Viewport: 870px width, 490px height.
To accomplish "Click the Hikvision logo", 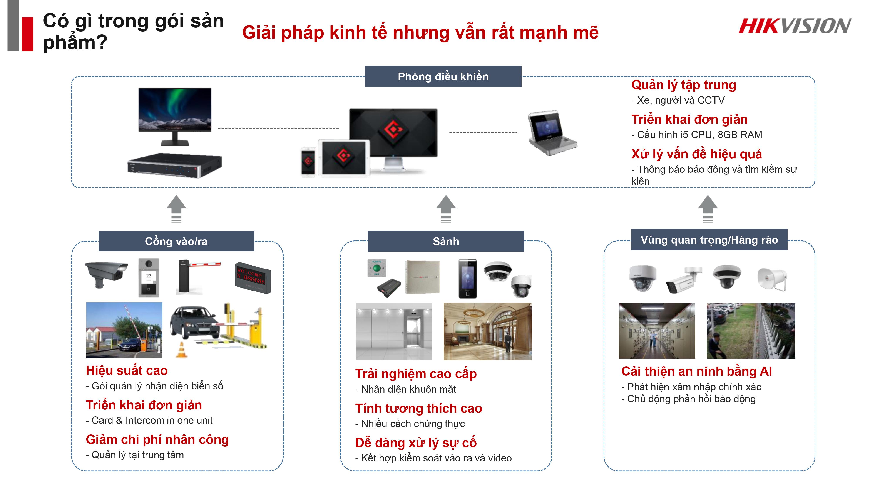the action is (794, 26).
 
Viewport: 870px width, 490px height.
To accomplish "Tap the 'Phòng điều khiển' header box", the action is (443, 76).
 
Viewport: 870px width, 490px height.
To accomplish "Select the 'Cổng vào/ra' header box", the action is (176, 241).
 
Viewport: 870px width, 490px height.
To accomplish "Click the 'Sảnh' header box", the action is (446, 241).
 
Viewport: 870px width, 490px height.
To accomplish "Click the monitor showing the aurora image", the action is (175, 110).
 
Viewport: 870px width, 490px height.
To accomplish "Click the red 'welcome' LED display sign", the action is (253, 278).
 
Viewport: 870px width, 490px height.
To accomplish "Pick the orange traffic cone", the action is (182, 350).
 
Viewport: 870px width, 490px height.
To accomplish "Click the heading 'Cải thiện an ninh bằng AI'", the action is (696, 371).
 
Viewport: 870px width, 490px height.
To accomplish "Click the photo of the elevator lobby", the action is (393, 331).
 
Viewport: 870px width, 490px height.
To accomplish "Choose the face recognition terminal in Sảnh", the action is (467, 278).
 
